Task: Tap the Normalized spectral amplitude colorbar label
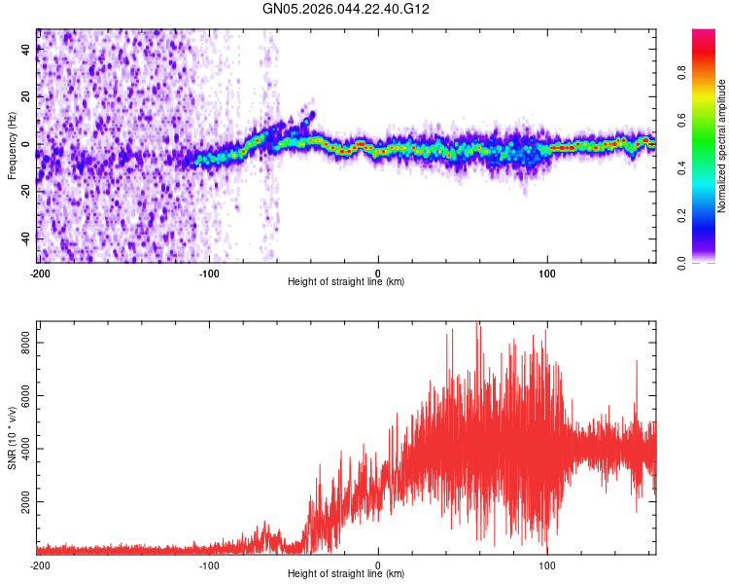click(722, 146)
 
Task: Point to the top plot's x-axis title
click(346, 281)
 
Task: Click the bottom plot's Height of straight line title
click(346, 573)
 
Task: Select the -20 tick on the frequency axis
click(25, 192)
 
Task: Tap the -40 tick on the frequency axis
click(25, 239)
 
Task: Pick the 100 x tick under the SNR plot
click(547, 565)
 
